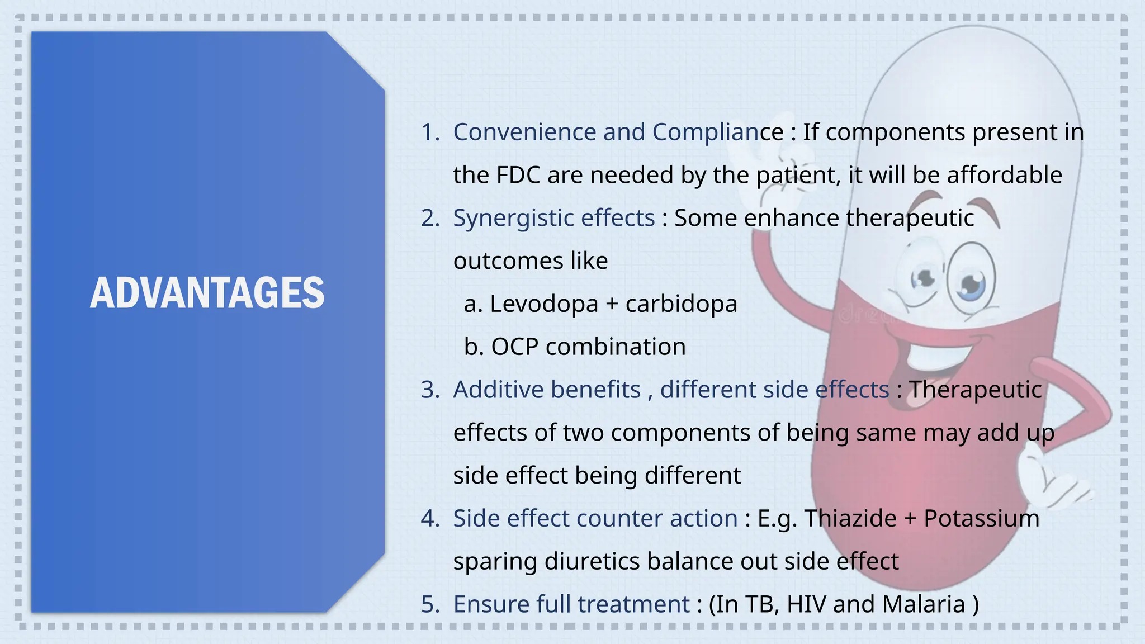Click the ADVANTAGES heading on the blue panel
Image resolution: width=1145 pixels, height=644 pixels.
[x=207, y=293]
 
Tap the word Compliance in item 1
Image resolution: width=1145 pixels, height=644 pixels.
[x=718, y=132]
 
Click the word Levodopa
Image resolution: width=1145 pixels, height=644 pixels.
[x=543, y=304]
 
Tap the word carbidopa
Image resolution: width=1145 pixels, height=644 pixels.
[x=681, y=304]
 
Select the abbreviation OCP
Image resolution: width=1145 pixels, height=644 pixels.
[x=514, y=347]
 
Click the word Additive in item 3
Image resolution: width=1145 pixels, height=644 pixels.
[x=491, y=390]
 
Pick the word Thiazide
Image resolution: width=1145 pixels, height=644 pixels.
[x=850, y=519]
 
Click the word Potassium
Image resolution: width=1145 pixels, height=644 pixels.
[x=981, y=519]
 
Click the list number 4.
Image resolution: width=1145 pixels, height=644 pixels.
[x=429, y=519]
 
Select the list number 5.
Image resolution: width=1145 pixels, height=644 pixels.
[x=429, y=605]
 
